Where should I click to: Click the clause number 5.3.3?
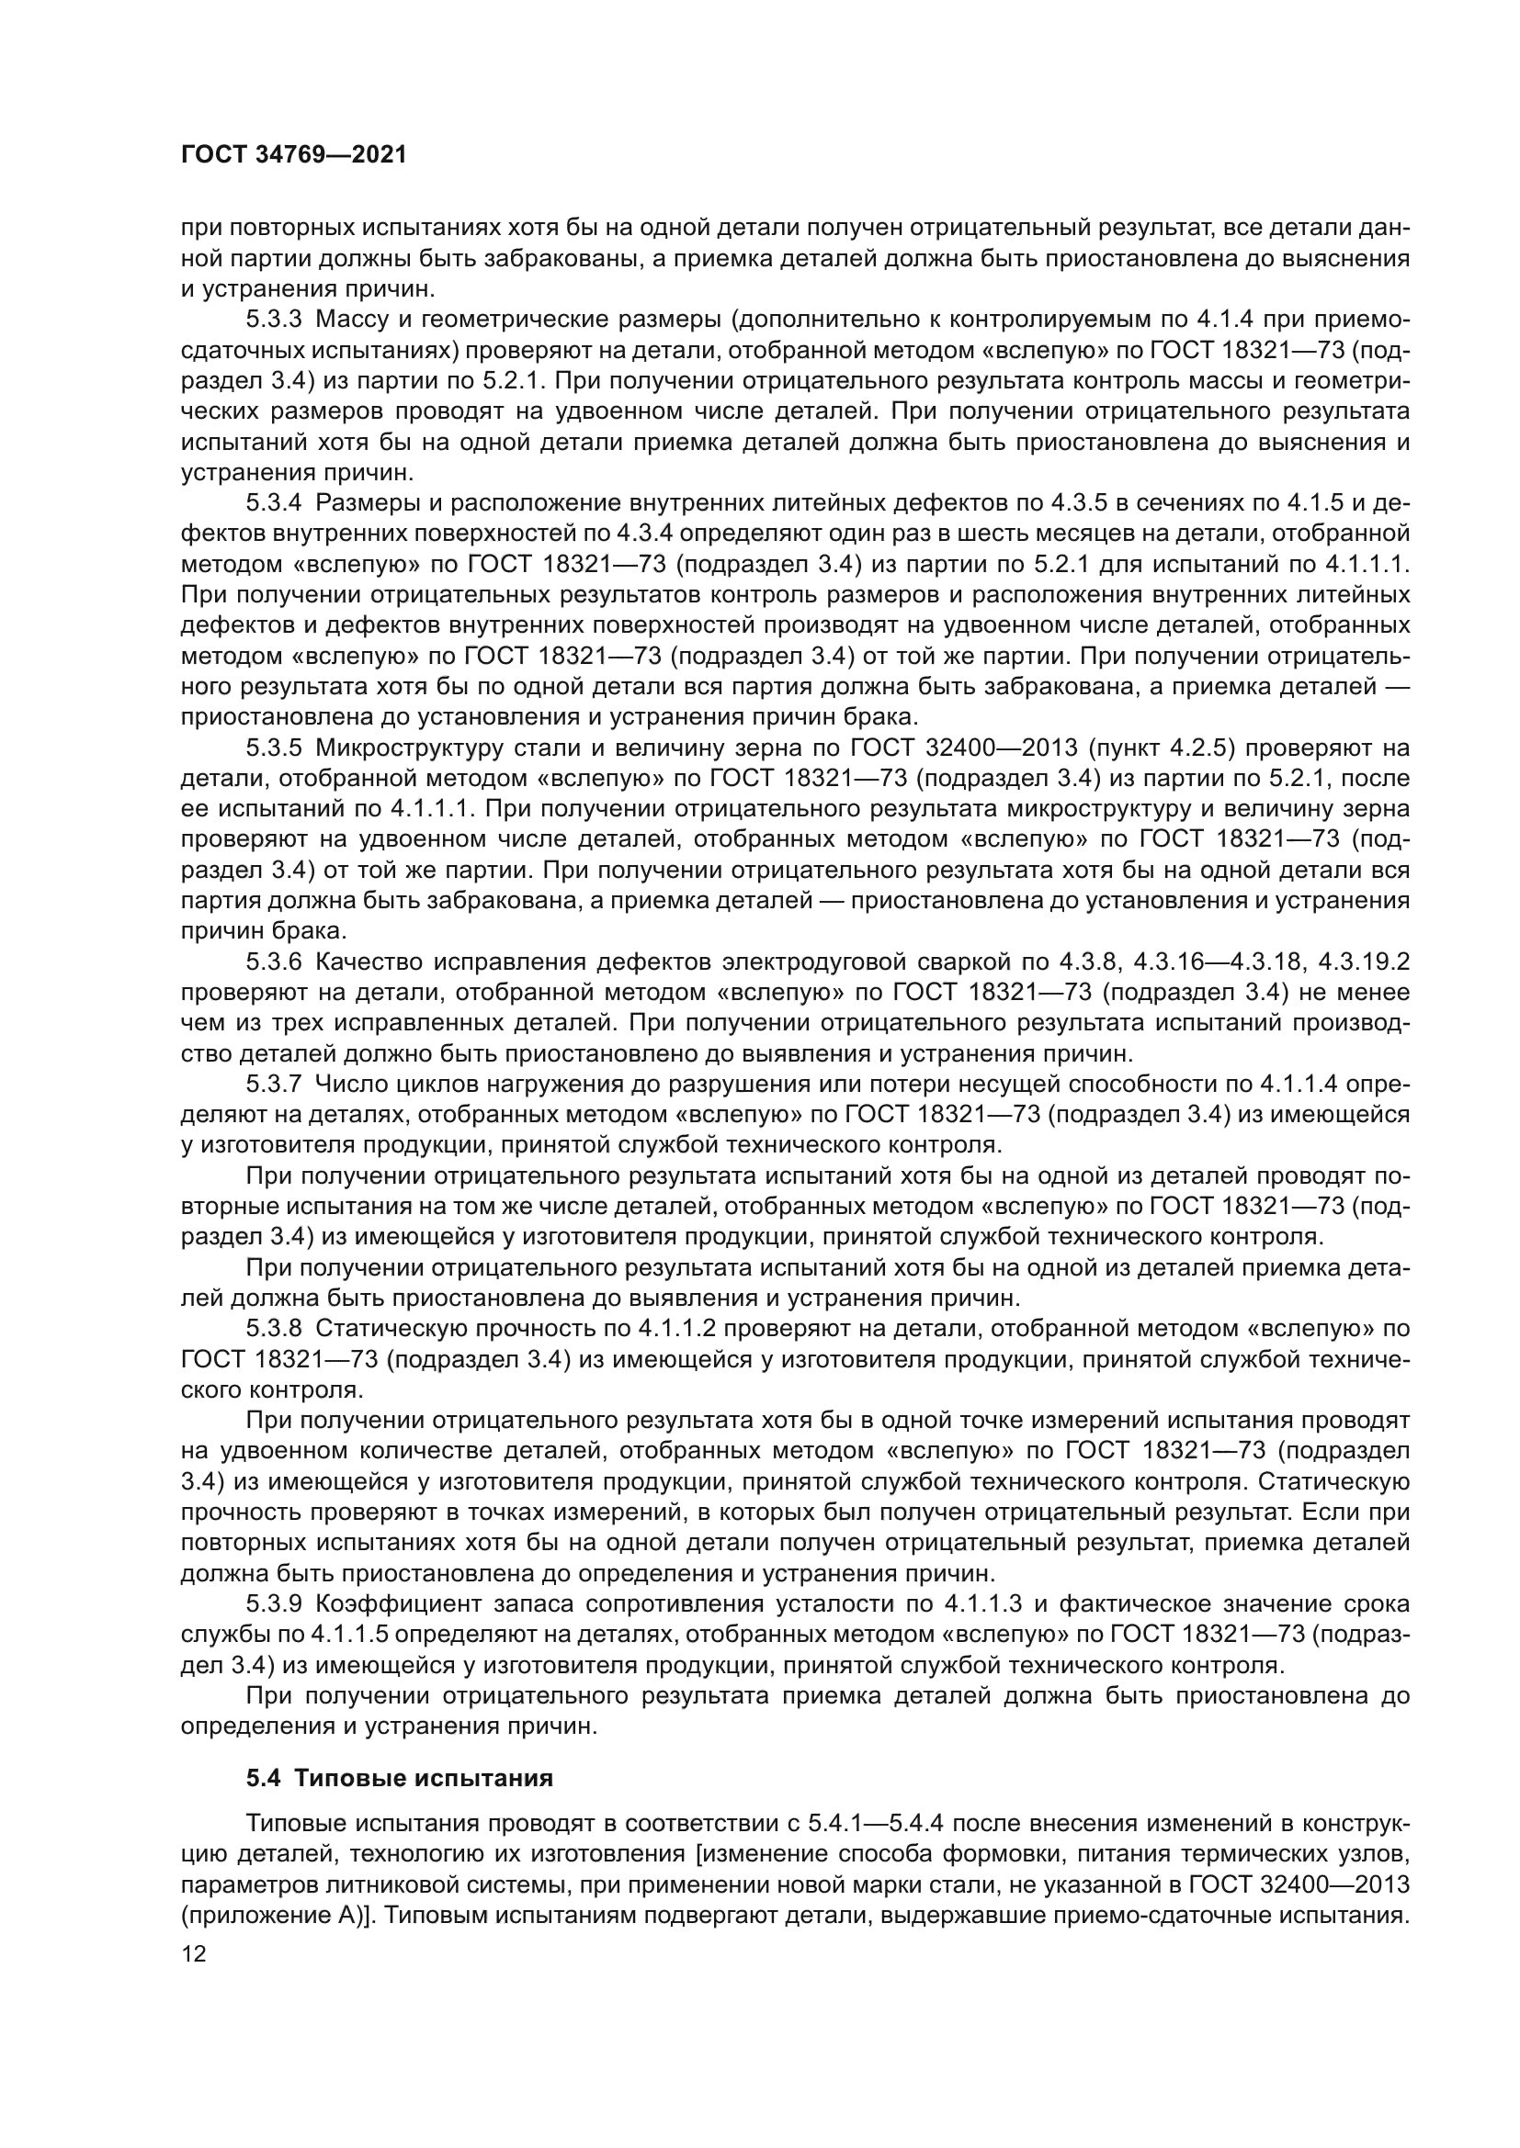pyautogui.click(x=274, y=320)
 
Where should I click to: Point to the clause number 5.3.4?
pyautogui.click(x=274, y=503)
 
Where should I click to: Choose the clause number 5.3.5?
pyautogui.click(x=274, y=748)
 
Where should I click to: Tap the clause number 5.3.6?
pyautogui.click(x=274, y=962)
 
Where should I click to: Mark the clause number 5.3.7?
pyautogui.click(x=274, y=1085)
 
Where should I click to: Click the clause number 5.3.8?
pyautogui.click(x=274, y=1329)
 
